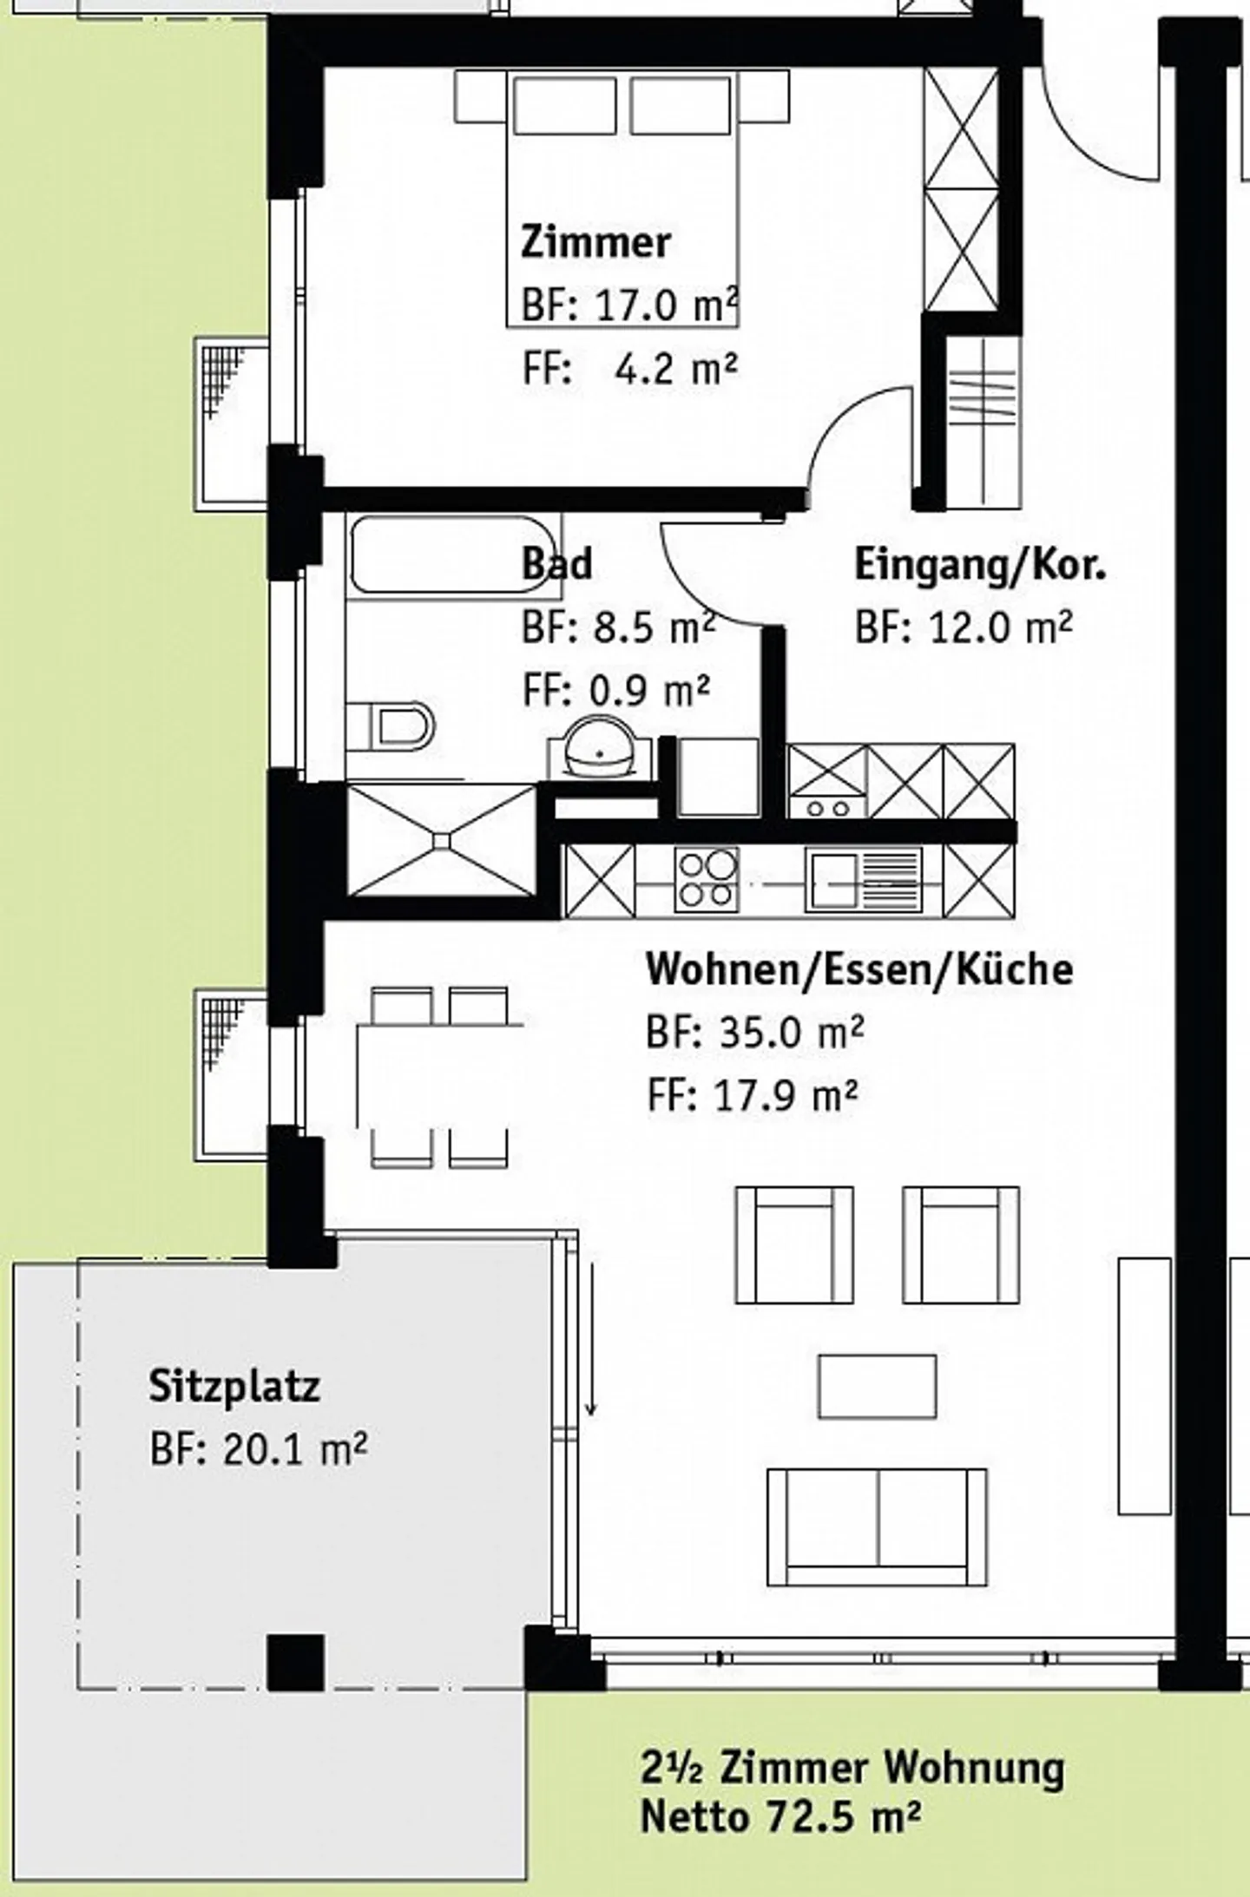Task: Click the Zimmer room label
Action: click(595, 242)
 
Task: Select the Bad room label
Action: click(556, 563)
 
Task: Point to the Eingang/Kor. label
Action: click(981, 566)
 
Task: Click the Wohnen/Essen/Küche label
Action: click(859, 969)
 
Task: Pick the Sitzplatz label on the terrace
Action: click(234, 1386)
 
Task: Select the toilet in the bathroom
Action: click(392, 725)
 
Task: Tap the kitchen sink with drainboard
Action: click(863, 880)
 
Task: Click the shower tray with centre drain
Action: click(442, 839)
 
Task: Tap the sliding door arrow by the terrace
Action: click(591, 1339)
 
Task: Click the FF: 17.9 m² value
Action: click(752, 1096)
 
